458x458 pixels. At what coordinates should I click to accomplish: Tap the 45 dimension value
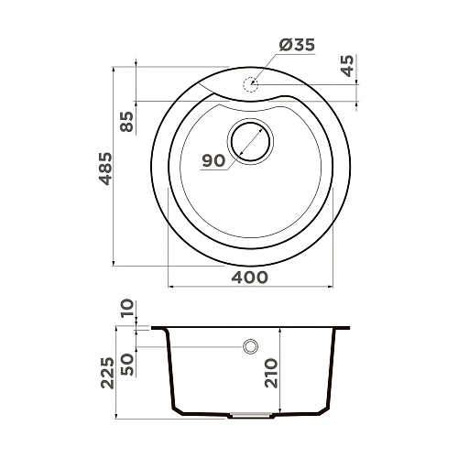pos(345,67)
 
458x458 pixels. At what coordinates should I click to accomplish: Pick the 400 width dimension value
pos(249,277)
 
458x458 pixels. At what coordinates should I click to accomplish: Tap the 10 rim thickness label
pos(126,310)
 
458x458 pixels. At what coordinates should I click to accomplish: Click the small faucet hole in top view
pos(249,84)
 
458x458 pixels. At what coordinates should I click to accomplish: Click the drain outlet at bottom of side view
pos(250,414)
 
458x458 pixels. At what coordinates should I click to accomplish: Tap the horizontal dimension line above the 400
pos(249,286)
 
